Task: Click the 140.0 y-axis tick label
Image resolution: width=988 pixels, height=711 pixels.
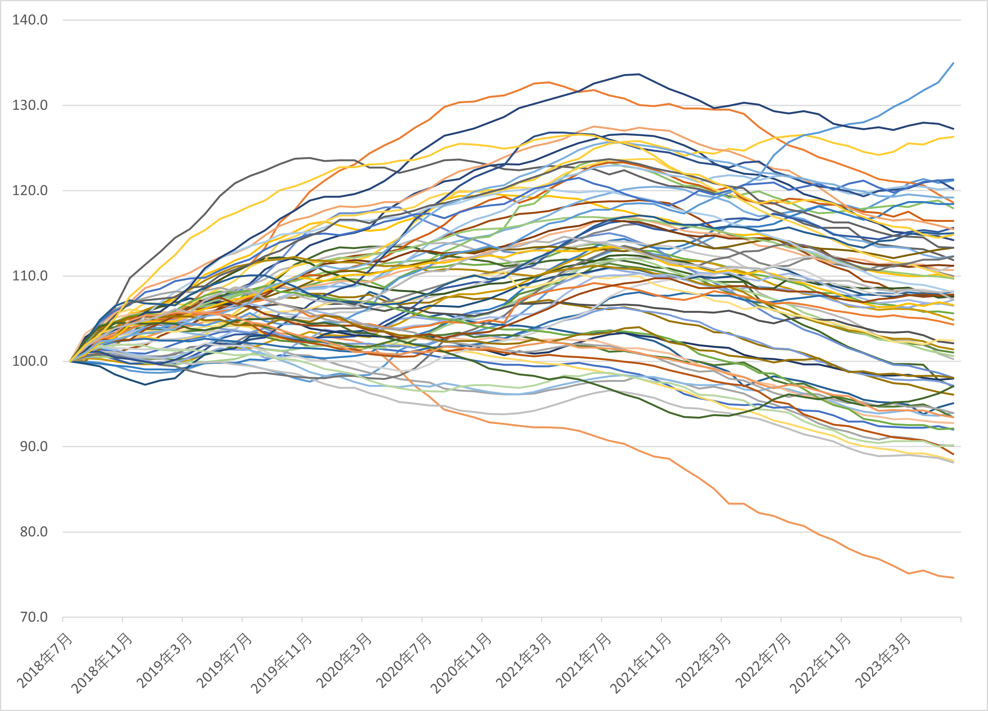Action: pyautogui.click(x=30, y=20)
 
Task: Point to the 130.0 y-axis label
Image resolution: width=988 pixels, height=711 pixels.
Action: pyautogui.click(x=30, y=106)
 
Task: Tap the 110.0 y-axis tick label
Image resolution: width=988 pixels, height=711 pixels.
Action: pyautogui.click(x=30, y=276)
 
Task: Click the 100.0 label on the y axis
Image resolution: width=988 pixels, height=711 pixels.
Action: pyautogui.click(x=30, y=361)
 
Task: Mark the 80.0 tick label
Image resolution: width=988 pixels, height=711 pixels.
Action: pyautogui.click(x=33, y=532)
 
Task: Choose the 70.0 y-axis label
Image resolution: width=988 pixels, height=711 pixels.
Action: pyautogui.click(x=33, y=617)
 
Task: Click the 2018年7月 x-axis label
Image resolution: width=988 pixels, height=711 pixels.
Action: pyautogui.click(x=45, y=660)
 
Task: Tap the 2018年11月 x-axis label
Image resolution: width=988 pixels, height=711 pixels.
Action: pyautogui.click(x=102, y=663)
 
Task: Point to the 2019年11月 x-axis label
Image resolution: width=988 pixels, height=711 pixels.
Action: pyautogui.click(x=282, y=663)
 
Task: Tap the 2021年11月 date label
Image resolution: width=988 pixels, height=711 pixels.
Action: pyautogui.click(x=641, y=663)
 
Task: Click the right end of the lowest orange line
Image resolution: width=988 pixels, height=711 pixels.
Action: pyautogui.click(x=953, y=578)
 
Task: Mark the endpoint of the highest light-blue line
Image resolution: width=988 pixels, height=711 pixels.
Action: pyautogui.click(x=953, y=63)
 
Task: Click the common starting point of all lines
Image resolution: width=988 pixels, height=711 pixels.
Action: pyautogui.click(x=70, y=361)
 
